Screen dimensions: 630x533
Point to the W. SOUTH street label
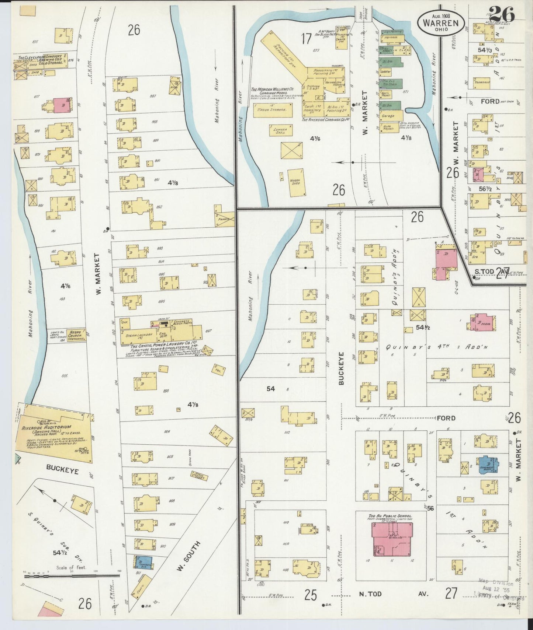188,556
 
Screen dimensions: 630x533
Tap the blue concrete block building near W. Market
487,465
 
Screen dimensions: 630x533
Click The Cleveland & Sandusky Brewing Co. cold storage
48,62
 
